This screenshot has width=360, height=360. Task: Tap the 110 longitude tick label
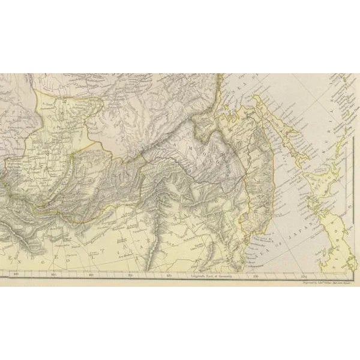point(91,276)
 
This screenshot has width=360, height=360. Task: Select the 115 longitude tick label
point(130,276)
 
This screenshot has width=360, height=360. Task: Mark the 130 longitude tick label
point(256,276)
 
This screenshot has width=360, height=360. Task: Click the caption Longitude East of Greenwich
point(210,276)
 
